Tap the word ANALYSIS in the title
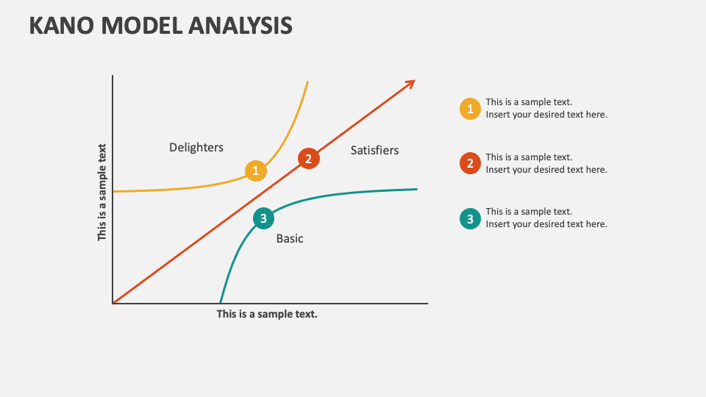click(x=240, y=25)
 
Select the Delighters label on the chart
click(x=196, y=147)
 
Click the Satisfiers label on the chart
click(x=374, y=150)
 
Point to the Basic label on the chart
click(x=290, y=238)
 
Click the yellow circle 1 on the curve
click(x=255, y=171)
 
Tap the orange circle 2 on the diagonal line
click(x=308, y=158)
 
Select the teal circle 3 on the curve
click(x=263, y=218)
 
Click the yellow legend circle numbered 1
click(x=470, y=109)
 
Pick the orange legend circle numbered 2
click(x=470, y=163)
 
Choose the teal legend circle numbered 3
click(x=470, y=218)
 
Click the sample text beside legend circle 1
click(x=546, y=109)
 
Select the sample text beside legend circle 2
click(x=546, y=163)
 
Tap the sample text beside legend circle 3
click(x=546, y=218)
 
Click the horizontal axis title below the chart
click(x=267, y=314)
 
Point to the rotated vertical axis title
click(x=102, y=193)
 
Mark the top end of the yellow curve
click(x=307, y=81)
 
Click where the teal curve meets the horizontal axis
click(x=221, y=302)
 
